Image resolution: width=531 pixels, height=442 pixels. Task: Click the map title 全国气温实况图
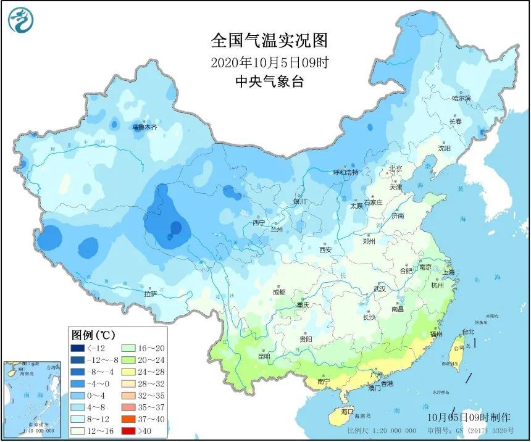(269, 41)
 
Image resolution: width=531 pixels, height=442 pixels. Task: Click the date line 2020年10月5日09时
(269, 62)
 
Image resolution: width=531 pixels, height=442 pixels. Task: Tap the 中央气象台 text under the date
(269, 81)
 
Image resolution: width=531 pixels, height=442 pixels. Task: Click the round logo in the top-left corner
(21, 20)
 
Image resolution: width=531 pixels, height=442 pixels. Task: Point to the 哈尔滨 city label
(461, 98)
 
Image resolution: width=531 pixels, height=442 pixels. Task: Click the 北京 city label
(395, 169)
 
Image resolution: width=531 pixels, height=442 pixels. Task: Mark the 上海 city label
(448, 272)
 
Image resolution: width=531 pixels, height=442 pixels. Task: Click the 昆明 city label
(264, 356)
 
